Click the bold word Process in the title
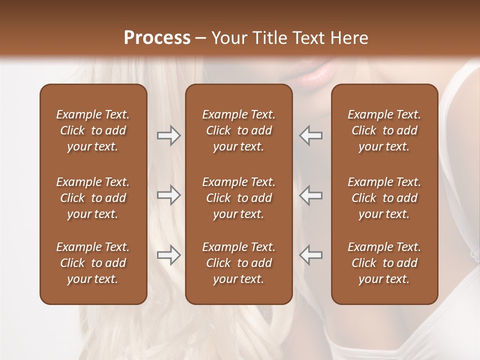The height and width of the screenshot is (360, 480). tap(157, 38)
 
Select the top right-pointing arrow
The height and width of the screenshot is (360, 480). tap(168, 135)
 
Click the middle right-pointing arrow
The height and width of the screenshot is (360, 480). tap(168, 195)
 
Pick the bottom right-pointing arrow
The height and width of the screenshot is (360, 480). tap(168, 255)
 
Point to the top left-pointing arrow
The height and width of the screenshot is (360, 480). tap(311, 135)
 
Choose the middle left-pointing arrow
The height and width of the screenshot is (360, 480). tap(311, 195)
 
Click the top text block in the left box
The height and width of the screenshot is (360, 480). tap(93, 130)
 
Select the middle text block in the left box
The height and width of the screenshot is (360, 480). tap(93, 198)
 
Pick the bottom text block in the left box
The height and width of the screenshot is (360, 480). tap(93, 263)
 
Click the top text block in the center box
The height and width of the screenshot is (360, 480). tap(238, 130)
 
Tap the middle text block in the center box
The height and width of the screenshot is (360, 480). tap(238, 198)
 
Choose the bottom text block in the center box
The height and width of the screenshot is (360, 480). tap(238, 263)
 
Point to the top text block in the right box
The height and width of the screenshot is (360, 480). tap(384, 130)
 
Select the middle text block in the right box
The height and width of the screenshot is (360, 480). tap(384, 198)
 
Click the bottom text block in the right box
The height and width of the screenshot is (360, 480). tap(384, 263)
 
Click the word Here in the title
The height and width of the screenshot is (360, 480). tap(350, 38)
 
